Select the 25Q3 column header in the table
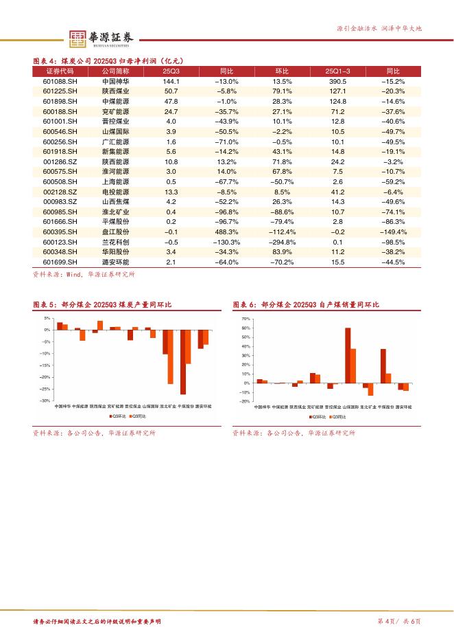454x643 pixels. (x=171, y=71)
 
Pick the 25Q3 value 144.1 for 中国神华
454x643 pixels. (x=171, y=81)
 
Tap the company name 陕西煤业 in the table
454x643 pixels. (x=115, y=91)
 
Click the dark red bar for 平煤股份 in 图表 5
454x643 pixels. (x=183, y=362)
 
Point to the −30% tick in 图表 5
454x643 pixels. (x=46, y=401)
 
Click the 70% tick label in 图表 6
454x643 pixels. (x=246, y=319)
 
